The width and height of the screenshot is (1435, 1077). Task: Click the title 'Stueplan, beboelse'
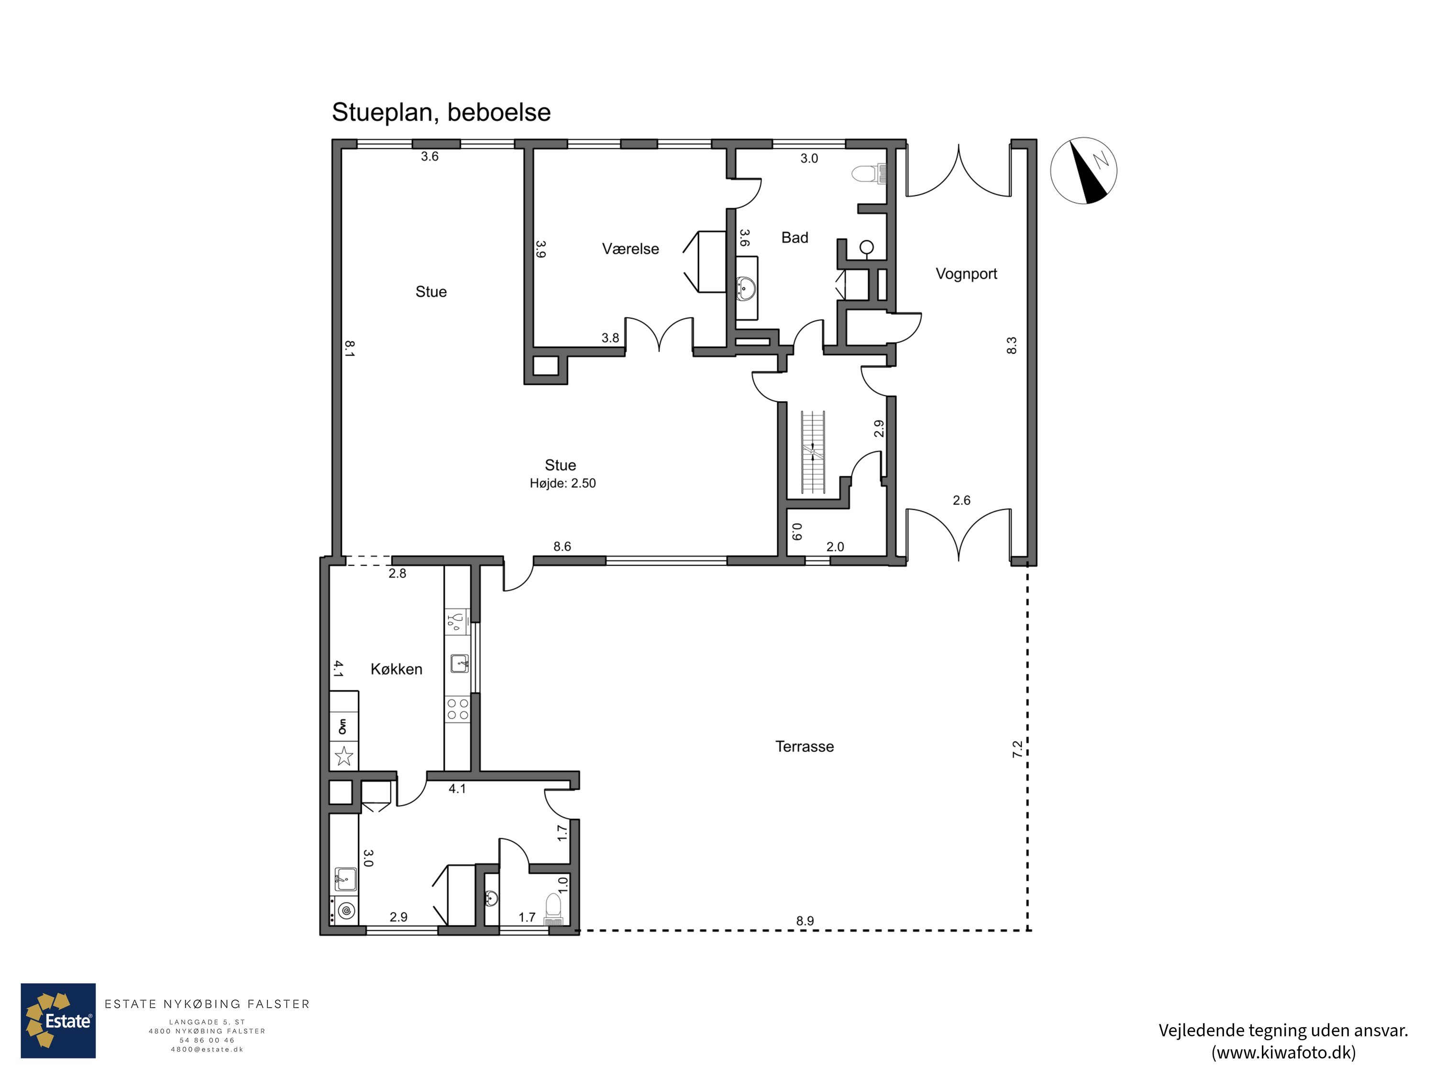tap(441, 113)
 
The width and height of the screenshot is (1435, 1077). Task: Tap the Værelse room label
tap(630, 248)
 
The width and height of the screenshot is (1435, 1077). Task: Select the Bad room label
tap(795, 237)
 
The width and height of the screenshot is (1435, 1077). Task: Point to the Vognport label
tap(966, 274)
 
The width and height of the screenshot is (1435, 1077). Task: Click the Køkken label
tap(397, 669)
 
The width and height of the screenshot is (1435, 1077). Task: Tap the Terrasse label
tap(805, 747)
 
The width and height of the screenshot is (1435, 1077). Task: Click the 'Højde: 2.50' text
tap(563, 483)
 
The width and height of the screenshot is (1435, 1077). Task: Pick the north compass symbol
tap(1083, 171)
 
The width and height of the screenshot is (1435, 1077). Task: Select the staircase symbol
tap(813, 452)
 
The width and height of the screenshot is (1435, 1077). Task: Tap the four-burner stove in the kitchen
tap(457, 708)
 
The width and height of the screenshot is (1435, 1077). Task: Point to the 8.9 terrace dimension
tap(805, 920)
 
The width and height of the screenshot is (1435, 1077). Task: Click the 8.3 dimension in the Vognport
tap(1011, 346)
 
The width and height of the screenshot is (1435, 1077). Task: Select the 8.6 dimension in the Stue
tap(562, 547)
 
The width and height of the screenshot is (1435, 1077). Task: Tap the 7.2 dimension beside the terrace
tap(1017, 749)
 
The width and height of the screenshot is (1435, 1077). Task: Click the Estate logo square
tap(58, 1021)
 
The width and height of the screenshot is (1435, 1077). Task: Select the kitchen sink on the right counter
tap(459, 663)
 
